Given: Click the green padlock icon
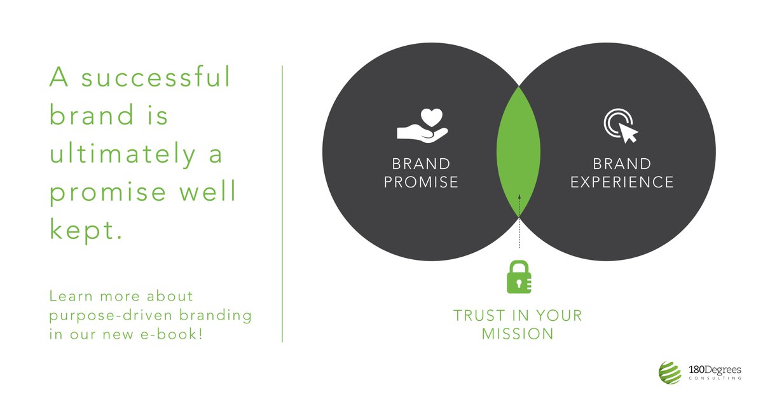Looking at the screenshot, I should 519,277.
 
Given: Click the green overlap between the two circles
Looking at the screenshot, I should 519,152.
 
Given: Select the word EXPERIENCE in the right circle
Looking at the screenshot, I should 622,182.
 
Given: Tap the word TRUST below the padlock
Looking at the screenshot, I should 478,316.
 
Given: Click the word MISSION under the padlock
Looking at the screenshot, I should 518,334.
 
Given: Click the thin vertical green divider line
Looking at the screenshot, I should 282,203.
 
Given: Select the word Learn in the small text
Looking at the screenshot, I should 69,297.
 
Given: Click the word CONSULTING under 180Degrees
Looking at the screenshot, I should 715,379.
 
